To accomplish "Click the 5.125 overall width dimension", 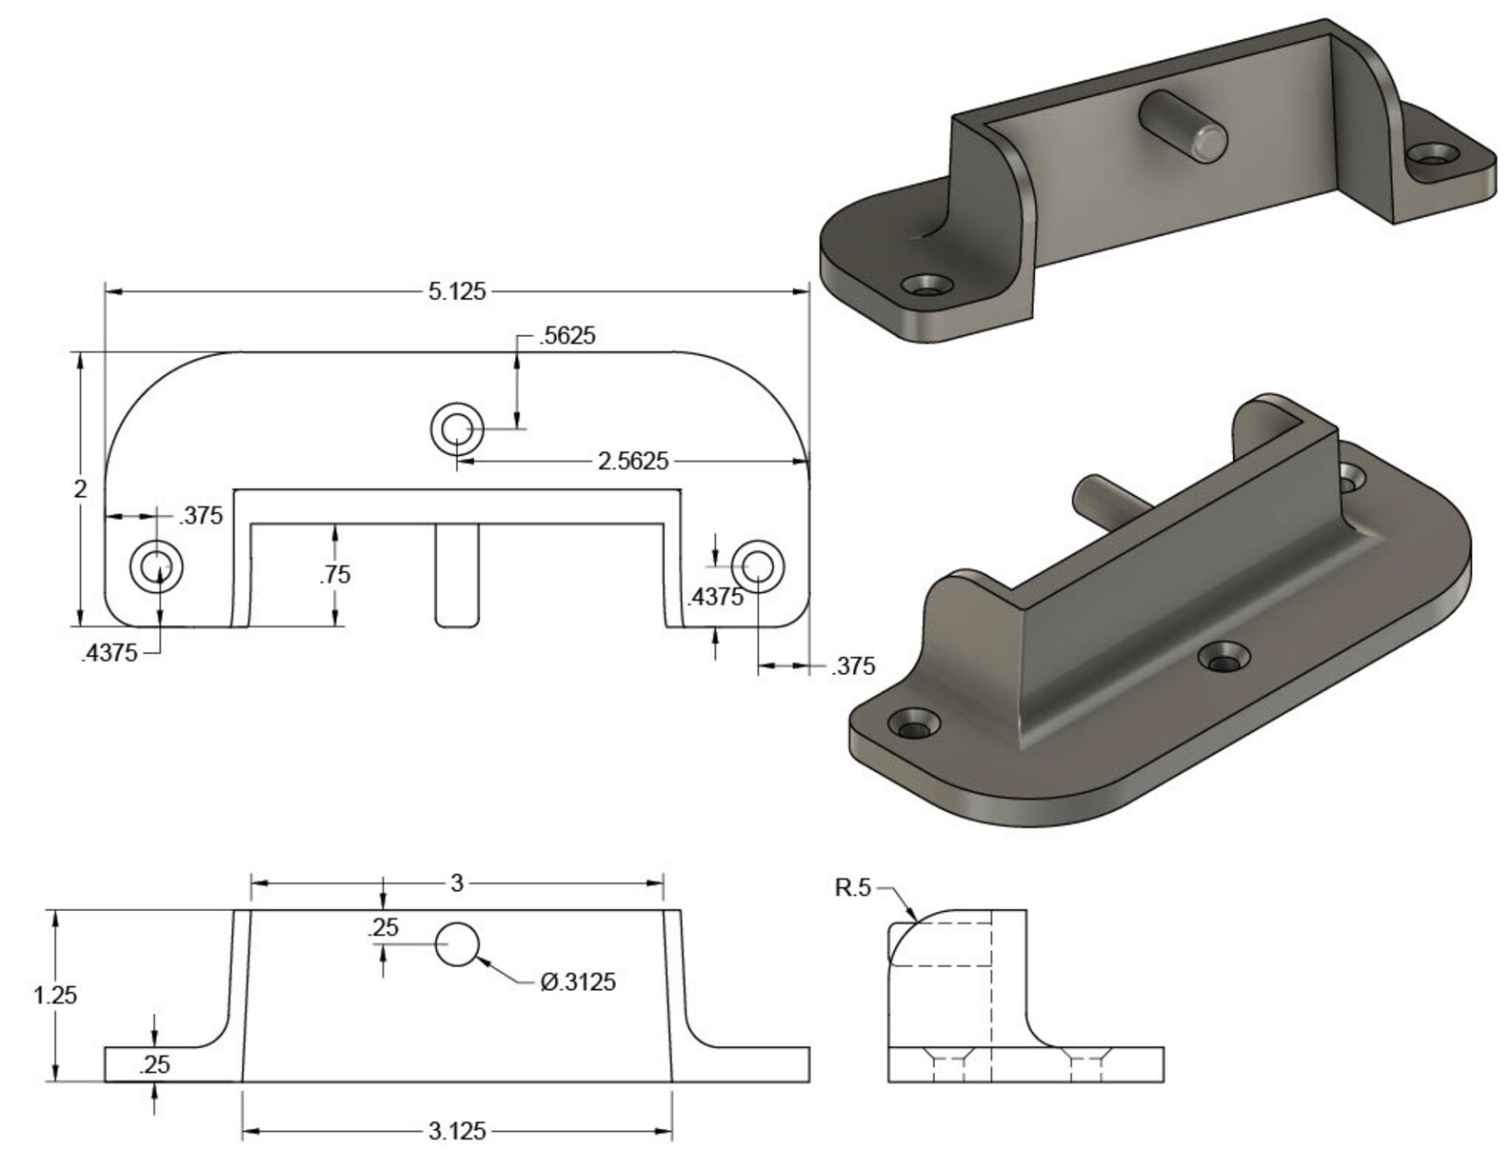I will click(x=456, y=291).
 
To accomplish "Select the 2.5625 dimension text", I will click(x=632, y=462).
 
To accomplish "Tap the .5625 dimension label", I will click(x=567, y=336).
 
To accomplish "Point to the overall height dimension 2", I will click(x=80, y=489).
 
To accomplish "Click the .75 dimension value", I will click(x=334, y=575).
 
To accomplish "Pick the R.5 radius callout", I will click(x=852, y=888).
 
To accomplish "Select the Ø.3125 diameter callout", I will click(x=578, y=981).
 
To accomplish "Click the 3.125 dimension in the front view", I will click(x=457, y=1131).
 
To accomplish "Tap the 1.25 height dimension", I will click(x=55, y=996).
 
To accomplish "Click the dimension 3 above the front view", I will click(x=457, y=883).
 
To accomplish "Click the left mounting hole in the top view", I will click(x=156, y=566).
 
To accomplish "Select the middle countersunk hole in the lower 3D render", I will click(x=1225, y=656).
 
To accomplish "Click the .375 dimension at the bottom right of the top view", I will click(x=852, y=667).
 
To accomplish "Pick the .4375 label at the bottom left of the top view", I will click(x=109, y=653).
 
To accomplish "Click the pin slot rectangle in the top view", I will click(x=457, y=575).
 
